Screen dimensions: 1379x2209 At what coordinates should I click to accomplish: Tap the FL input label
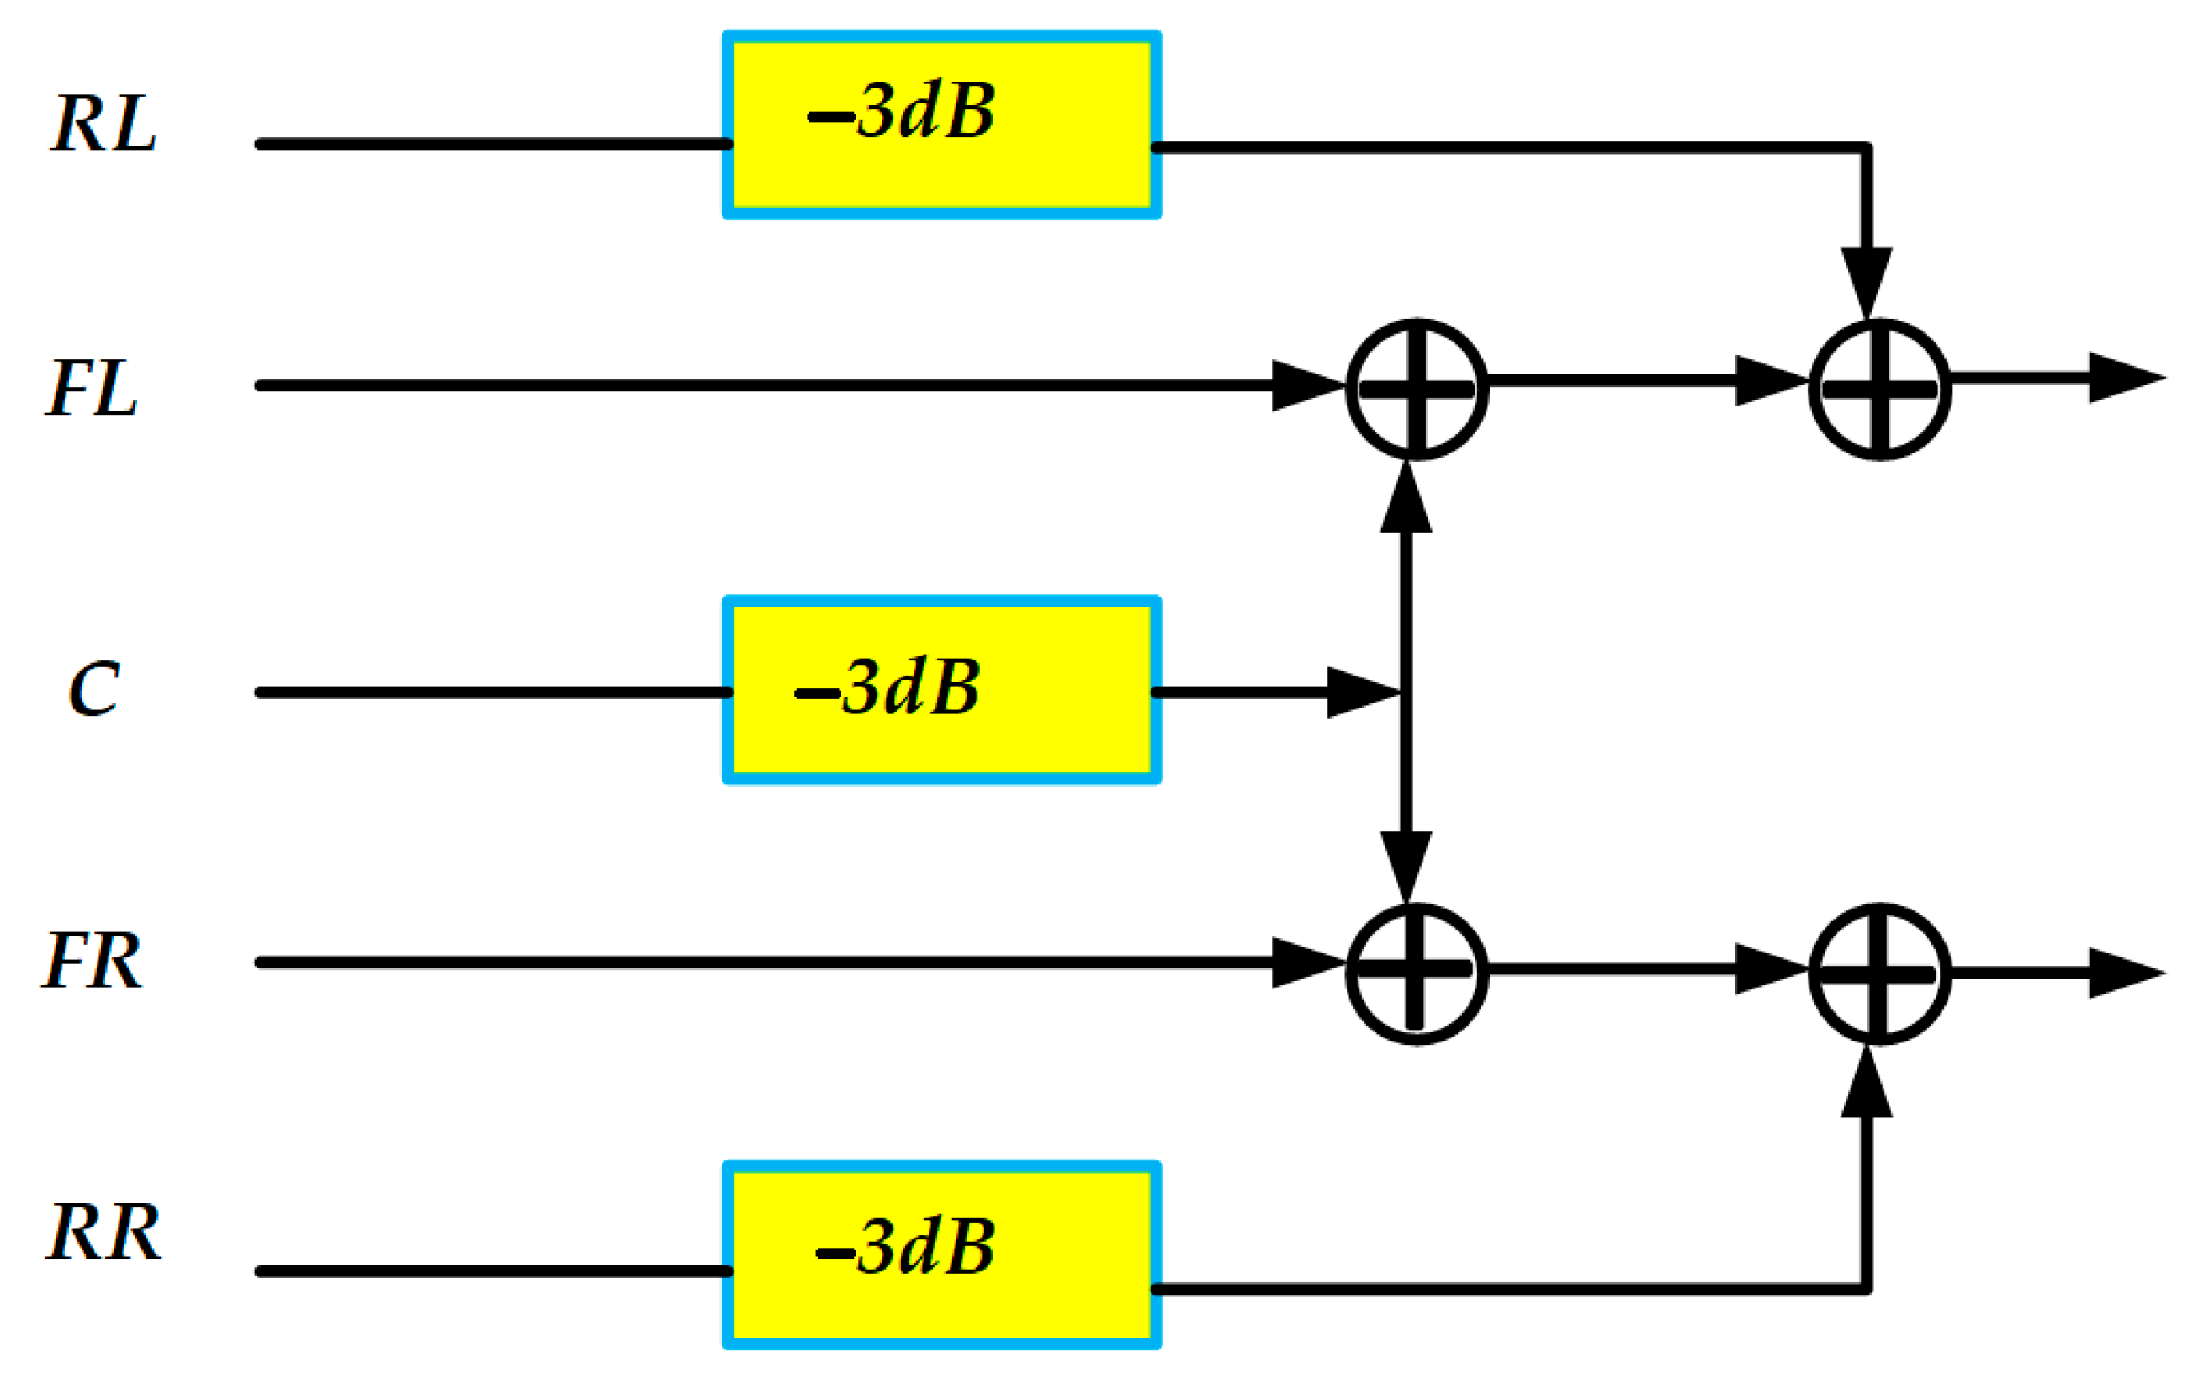[92, 389]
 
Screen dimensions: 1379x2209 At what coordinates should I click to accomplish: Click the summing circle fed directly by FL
[1417, 390]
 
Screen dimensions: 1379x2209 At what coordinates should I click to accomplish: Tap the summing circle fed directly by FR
[1417, 973]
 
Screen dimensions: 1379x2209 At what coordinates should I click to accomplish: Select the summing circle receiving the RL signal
[1880, 390]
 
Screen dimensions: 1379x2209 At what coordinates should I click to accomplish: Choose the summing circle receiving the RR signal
[1880, 973]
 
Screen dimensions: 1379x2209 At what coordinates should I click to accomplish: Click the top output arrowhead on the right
[2124, 378]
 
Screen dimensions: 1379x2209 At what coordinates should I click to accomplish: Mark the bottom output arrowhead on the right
[2124, 973]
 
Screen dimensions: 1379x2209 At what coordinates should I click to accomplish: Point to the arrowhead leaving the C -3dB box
[1361, 693]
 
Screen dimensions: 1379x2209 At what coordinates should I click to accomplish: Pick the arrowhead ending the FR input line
[1306, 963]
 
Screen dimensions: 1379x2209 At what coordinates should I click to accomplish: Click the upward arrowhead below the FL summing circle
[1406, 499]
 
